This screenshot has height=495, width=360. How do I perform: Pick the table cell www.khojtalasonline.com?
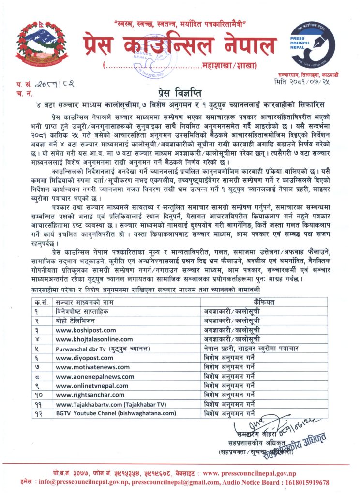coord(87,339)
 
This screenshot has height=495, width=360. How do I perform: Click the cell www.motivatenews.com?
coord(86,367)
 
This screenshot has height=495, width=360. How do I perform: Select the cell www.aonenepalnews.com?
coord(88,377)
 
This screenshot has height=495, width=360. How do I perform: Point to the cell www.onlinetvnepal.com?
coord(85,386)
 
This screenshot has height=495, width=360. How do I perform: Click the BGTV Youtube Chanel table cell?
coord(116,413)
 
